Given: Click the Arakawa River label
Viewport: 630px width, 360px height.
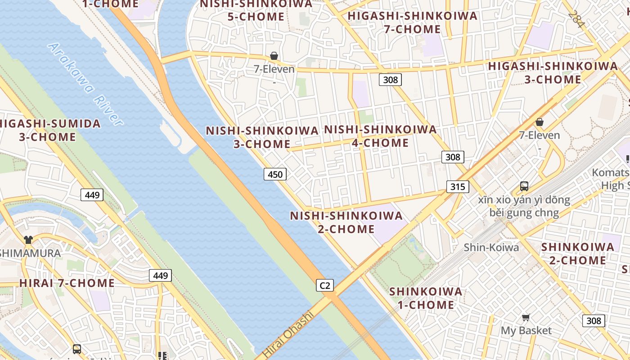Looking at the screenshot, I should click(85, 84).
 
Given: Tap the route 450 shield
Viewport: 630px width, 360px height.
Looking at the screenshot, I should click(275, 174).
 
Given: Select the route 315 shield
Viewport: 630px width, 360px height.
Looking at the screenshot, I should click(458, 186).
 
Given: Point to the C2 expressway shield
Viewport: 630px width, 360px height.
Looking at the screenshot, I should click(324, 285).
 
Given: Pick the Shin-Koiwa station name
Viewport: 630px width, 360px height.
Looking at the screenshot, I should click(491, 247).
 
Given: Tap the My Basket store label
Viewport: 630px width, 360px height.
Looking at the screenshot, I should click(526, 331).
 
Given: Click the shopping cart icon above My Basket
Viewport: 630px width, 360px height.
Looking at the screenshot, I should click(526, 318).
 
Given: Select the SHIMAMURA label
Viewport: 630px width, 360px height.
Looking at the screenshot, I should click(30, 253).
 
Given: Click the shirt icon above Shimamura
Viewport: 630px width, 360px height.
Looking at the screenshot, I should click(28, 239).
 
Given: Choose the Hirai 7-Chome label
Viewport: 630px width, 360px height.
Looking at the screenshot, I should click(67, 283).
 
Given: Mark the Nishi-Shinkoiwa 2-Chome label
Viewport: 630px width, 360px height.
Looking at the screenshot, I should click(346, 222).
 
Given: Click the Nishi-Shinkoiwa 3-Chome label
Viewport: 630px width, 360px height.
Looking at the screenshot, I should click(262, 137).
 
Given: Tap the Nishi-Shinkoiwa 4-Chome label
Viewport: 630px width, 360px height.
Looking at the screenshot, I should click(380, 136).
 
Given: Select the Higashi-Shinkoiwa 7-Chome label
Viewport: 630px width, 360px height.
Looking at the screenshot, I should click(412, 22).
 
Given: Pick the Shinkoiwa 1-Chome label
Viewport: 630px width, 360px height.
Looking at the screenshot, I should click(425, 298).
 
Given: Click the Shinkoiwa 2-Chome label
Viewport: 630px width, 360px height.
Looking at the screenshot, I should click(577, 253).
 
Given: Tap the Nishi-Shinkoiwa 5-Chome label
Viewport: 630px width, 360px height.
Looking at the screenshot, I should click(256, 10).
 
